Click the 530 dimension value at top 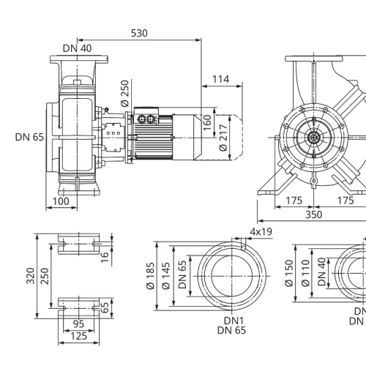coord(139,33)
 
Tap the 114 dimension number coord(220,79)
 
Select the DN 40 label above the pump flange coord(77,48)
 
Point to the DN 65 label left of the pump coord(29,137)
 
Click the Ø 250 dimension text coord(124,94)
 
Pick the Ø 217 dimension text coord(223,138)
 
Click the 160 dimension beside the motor coord(207,123)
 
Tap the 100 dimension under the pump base coord(61,201)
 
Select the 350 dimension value coord(314,214)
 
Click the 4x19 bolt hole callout coord(261,231)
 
